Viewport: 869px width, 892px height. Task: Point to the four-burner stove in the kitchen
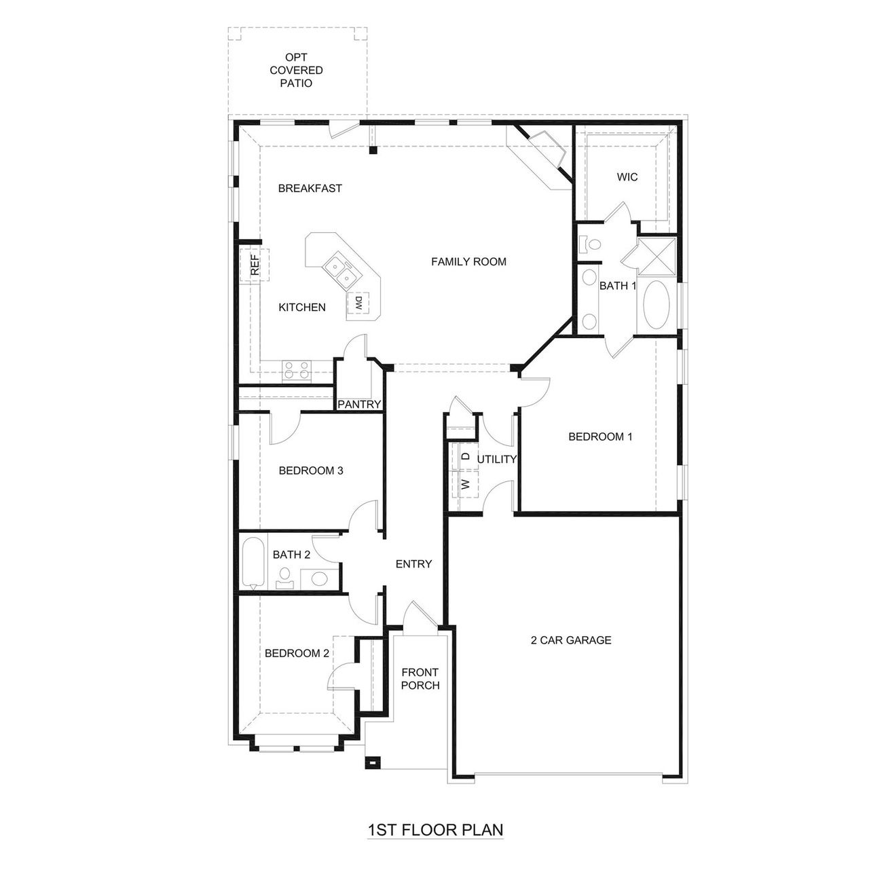(297, 371)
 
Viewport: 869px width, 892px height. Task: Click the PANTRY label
(359, 405)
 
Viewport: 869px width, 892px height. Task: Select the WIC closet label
(627, 177)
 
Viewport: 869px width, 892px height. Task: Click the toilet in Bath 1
(589, 244)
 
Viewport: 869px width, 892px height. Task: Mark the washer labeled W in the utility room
(466, 484)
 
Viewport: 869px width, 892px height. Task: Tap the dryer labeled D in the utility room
(466, 456)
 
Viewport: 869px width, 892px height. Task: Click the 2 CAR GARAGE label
(570, 639)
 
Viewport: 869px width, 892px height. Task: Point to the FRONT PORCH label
(420, 679)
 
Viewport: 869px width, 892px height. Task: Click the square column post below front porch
(371, 762)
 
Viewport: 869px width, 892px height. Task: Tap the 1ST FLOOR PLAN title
(434, 830)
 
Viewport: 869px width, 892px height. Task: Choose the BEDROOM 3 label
(310, 470)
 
